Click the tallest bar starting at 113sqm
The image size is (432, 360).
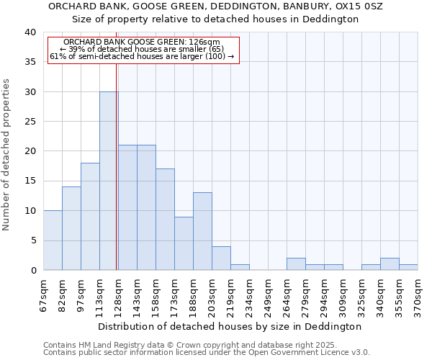(x=109, y=181)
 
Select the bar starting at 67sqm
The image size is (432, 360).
(x=53, y=240)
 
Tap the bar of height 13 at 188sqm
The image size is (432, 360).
(x=202, y=231)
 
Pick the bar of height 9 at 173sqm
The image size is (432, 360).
(x=184, y=243)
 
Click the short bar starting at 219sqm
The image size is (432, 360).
(x=240, y=267)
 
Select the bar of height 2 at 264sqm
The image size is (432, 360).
(x=296, y=264)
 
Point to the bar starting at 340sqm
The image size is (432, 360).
(x=390, y=264)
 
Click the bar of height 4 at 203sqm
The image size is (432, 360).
(x=221, y=258)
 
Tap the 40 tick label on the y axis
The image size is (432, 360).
(x=30, y=32)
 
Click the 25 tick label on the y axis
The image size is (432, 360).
(x=30, y=122)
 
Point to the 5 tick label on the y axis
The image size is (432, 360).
(x=32, y=240)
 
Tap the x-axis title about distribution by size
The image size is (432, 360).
(x=230, y=326)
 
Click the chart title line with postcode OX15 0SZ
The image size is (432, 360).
(x=215, y=6)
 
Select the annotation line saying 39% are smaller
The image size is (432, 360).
(x=142, y=49)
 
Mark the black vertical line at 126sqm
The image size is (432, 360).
(x=116, y=166)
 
